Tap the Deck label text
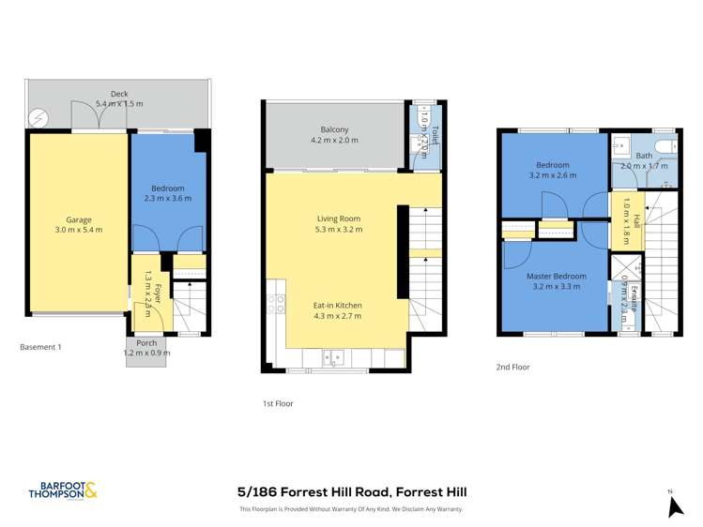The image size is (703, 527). pyautogui.click(x=118, y=94)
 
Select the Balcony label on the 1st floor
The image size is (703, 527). pyautogui.click(x=335, y=129)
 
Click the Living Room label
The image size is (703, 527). pyautogui.click(x=338, y=219)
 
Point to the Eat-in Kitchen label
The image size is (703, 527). pyautogui.click(x=337, y=305)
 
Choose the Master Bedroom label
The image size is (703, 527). pyautogui.click(x=557, y=277)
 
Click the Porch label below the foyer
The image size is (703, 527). pyautogui.click(x=146, y=343)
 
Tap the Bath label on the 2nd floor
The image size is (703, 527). pyautogui.click(x=644, y=156)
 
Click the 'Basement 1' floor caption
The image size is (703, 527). pyautogui.click(x=40, y=347)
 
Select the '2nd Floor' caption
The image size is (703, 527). pyautogui.click(x=512, y=367)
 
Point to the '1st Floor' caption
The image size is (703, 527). pyautogui.click(x=279, y=403)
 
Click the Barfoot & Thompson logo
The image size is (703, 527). pyautogui.click(x=63, y=490)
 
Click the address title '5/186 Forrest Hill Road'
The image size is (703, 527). pyautogui.click(x=351, y=491)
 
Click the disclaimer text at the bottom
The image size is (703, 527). pyautogui.click(x=351, y=509)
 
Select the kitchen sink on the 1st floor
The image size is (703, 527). pyautogui.click(x=333, y=356)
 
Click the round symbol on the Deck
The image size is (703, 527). pyautogui.click(x=38, y=118)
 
